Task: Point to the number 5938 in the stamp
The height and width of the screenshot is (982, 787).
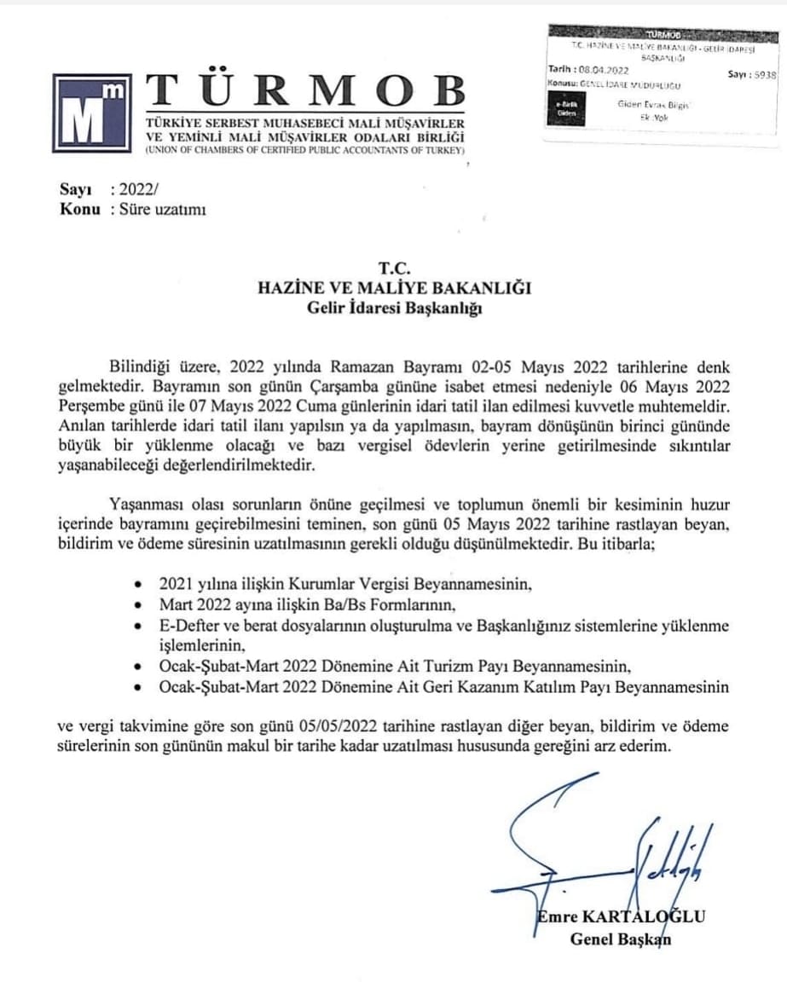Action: (765, 75)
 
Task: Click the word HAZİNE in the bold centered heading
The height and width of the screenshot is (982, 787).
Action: (292, 288)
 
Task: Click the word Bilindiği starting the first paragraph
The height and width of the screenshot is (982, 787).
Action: (140, 367)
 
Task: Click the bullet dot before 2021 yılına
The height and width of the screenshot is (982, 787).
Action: (139, 586)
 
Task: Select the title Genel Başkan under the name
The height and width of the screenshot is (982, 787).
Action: (620, 939)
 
